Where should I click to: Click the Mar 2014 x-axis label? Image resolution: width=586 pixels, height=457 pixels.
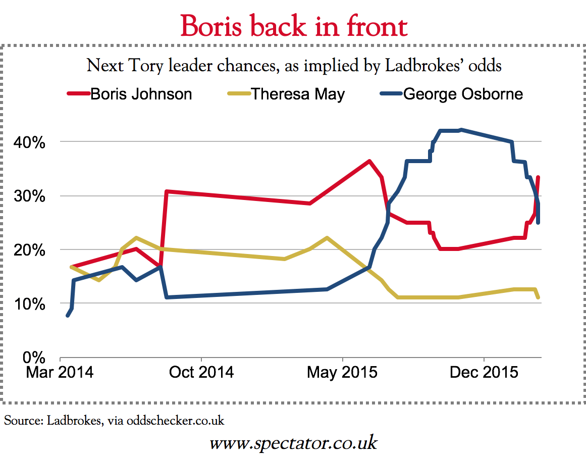click(x=61, y=373)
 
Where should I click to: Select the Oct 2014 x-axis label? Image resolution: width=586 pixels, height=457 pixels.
click(x=201, y=373)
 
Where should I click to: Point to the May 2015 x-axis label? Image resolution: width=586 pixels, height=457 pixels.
click(x=342, y=373)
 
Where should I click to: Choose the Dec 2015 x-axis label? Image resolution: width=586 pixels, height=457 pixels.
click(x=484, y=373)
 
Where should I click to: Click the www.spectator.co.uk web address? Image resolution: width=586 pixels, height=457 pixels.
click(x=293, y=443)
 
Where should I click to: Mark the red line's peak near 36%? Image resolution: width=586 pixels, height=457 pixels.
click(x=369, y=161)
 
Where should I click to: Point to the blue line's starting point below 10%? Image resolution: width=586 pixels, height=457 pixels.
click(x=68, y=316)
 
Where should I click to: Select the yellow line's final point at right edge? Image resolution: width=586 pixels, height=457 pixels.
click(x=539, y=297)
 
